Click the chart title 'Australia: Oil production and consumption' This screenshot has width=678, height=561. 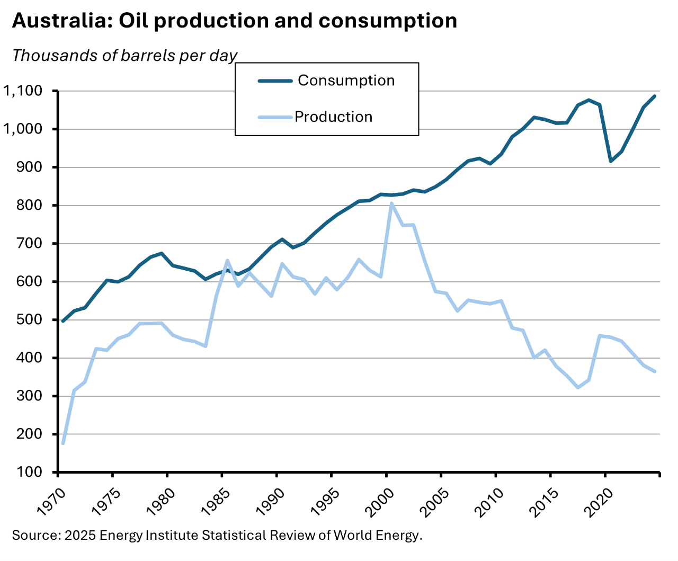(234, 21)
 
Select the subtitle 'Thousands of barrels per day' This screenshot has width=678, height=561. (124, 56)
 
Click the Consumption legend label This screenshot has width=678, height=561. (346, 81)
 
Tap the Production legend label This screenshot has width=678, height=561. (333, 117)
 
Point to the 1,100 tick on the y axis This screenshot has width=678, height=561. (22, 91)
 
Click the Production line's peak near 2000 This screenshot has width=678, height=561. (391, 203)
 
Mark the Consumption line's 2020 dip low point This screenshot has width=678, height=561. (611, 161)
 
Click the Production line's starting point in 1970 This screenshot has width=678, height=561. (63, 443)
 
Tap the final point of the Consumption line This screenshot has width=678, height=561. (655, 96)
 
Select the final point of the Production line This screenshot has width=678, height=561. (655, 371)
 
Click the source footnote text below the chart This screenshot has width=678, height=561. (217, 535)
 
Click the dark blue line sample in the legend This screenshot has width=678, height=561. (275, 81)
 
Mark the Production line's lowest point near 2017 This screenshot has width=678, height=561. (578, 388)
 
